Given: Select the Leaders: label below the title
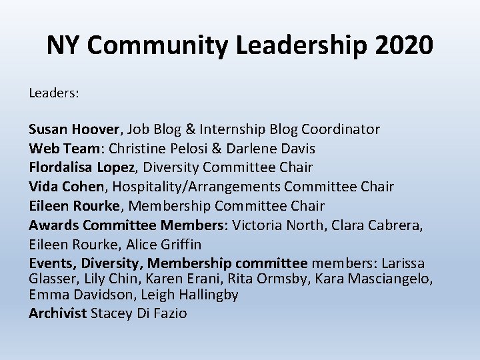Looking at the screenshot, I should click(54, 93).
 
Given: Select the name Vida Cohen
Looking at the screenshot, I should click(67, 186).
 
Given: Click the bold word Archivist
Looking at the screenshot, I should click(57, 313).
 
